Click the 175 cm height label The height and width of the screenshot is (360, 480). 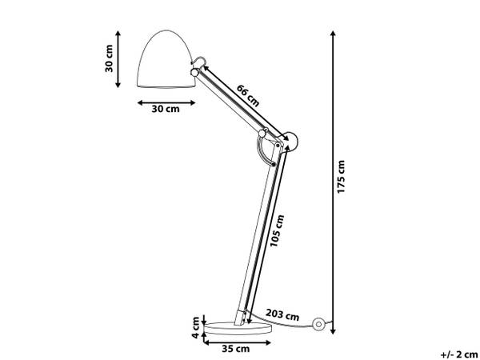tap(342, 177)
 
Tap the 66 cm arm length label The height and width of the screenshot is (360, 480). tap(248, 95)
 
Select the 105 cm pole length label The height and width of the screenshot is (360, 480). tap(277, 230)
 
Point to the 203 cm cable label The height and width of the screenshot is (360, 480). tap(282, 314)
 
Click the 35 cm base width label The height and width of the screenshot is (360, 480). tap(235, 349)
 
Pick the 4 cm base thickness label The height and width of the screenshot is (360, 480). tap(196, 327)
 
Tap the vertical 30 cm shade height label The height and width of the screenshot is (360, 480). tap(109, 58)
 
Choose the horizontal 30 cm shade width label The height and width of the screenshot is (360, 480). tap(166, 109)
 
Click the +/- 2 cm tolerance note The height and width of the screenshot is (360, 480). tap(459, 354)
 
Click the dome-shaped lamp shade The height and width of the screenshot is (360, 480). tap(166, 58)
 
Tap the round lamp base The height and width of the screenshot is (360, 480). tap(238, 328)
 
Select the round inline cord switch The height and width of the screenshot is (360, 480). tap(318, 324)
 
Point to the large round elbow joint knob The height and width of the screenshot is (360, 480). tap(290, 141)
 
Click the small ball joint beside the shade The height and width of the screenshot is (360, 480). tap(194, 73)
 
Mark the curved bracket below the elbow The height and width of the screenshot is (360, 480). tap(265, 150)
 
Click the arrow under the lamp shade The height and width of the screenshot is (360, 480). tap(166, 103)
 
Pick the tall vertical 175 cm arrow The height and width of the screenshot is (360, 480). tap(333, 182)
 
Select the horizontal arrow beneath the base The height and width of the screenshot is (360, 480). tap(238, 342)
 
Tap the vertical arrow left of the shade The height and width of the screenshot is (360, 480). tap(118, 59)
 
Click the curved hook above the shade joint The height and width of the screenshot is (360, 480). tap(197, 61)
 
